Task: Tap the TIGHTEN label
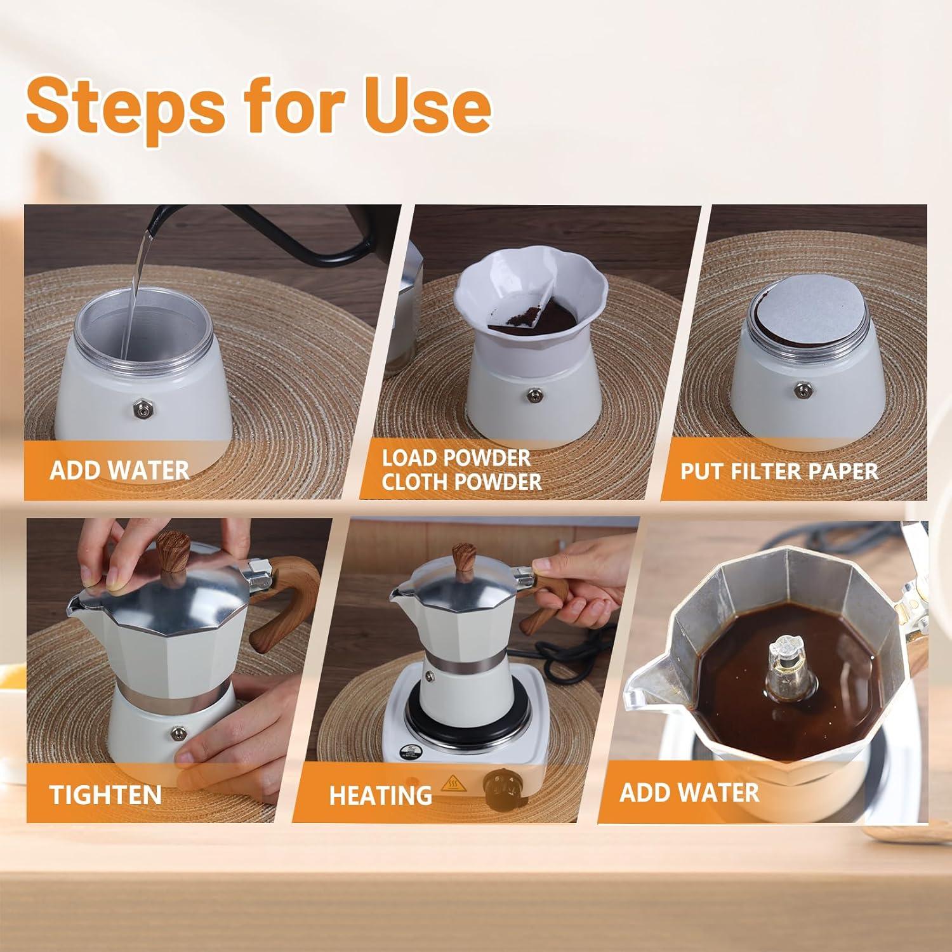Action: tap(105, 795)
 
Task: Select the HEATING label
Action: tap(380, 795)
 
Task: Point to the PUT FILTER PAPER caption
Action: tap(779, 472)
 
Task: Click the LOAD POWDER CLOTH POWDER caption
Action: tap(461, 470)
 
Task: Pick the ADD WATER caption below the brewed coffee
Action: tap(689, 793)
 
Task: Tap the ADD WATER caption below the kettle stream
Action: tap(119, 470)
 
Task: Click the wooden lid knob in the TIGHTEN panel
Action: tap(173, 552)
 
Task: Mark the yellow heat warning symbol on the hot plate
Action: tap(453, 783)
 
